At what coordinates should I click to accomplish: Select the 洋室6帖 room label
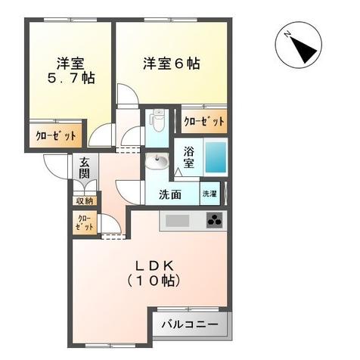point(172,64)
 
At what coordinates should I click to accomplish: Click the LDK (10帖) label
point(157,273)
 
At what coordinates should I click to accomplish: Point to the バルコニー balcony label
point(191,325)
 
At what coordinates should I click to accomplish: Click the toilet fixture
point(158,119)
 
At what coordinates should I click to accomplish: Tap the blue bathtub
point(216,157)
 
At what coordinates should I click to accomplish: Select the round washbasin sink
point(158,162)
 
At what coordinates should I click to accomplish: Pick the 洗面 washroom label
point(169,194)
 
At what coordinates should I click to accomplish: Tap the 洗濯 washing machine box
point(209,194)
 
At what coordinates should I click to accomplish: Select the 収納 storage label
point(84,200)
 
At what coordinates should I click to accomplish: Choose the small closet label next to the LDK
point(85,223)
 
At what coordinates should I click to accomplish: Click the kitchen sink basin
point(178,221)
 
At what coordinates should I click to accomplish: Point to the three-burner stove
point(215,221)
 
